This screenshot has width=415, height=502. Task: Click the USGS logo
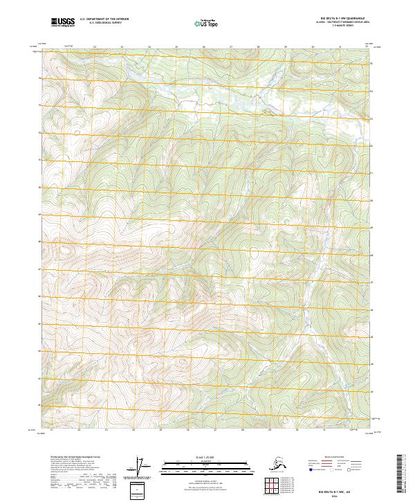[63, 23]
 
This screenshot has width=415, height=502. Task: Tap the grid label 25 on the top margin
[176, 47]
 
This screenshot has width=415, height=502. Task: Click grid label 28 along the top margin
[257, 47]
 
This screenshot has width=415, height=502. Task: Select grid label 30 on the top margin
[312, 47]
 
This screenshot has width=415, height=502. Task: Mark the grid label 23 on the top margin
[122, 47]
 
